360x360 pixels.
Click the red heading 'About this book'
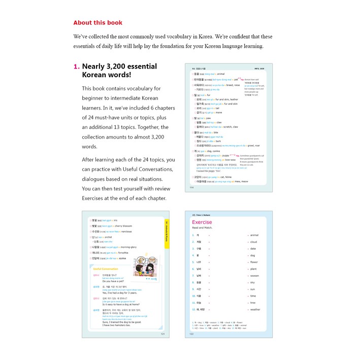[97, 23]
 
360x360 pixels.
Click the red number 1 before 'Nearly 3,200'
[76, 67]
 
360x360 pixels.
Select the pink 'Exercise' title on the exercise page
[202, 222]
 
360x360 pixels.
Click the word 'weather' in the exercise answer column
[255, 309]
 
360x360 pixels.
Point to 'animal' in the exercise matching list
[254, 235]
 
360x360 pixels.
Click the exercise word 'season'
[255, 276]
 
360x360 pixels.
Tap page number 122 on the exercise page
[192, 333]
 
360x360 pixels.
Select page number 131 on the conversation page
[163, 333]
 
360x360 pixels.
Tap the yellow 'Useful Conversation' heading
[105, 269]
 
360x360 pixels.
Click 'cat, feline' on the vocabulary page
[225, 177]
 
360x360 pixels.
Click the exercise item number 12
[193, 309]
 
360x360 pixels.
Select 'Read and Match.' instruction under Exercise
[202, 228]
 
